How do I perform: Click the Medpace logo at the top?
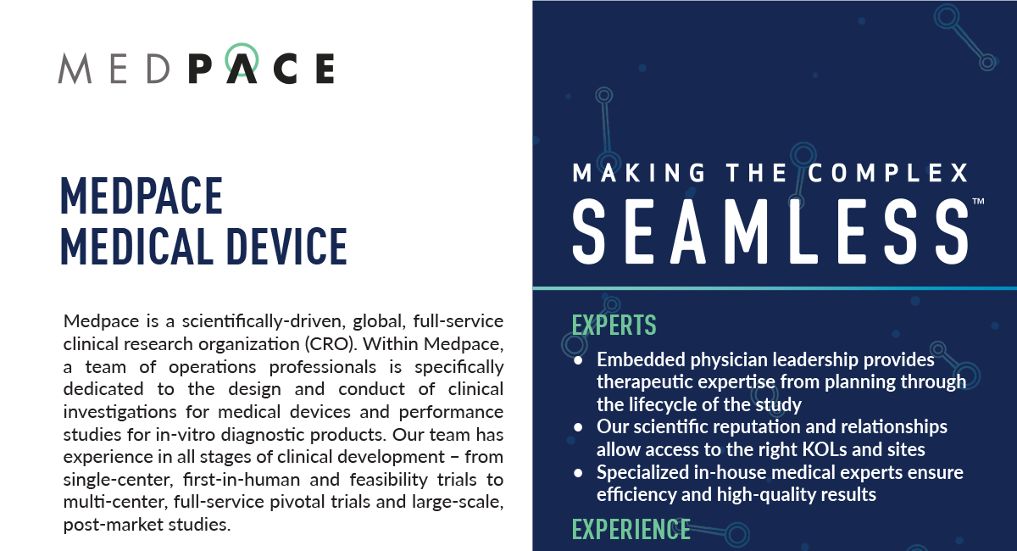pyautogui.click(x=196, y=65)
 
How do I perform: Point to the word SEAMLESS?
pyautogui.click(x=770, y=231)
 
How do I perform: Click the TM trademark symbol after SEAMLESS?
pyautogui.click(x=978, y=202)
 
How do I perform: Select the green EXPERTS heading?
pyautogui.click(x=614, y=326)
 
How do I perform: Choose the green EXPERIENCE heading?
pyautogui.click(x=631, y=529)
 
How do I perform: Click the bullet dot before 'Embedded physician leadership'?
pyautogui.click(x=579, y=360)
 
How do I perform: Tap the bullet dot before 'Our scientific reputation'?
pyautogui.click(x=579, y=426)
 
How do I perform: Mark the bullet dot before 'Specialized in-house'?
pyautogui.click(x=579, y=471)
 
